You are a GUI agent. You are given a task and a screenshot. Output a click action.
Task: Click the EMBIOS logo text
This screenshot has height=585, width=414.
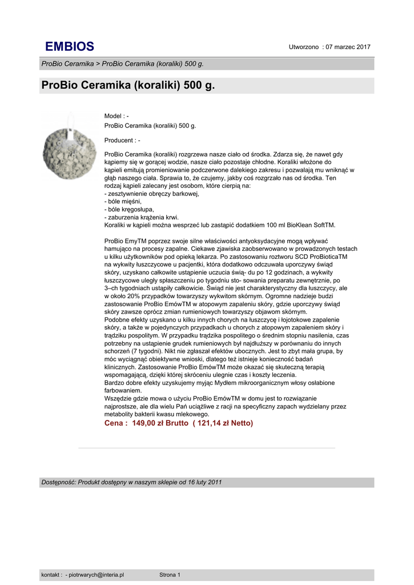[x=70, y=47]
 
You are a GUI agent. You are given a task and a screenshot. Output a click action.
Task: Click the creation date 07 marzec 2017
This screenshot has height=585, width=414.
[x=348, y=47]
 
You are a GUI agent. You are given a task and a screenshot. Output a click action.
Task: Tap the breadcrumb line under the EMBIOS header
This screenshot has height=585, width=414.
[x=122, y=63]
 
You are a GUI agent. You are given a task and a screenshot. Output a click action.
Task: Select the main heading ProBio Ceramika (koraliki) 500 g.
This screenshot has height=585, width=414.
[x=128, y=86]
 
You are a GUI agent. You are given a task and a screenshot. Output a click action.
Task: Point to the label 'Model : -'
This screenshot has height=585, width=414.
[x=116, y=116]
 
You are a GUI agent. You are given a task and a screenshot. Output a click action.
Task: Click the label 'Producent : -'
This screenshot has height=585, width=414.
[x=122, y=140]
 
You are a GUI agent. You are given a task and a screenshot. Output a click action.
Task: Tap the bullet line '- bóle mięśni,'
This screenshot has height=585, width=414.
[x=123, y=202]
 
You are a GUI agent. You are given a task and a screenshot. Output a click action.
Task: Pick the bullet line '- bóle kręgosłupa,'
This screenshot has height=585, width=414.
[x=129, y=209]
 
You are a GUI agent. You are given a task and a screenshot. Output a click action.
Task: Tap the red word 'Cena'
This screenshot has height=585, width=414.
[x=115, y=423]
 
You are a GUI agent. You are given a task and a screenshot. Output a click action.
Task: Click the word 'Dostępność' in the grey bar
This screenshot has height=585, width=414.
[x=58, y=483]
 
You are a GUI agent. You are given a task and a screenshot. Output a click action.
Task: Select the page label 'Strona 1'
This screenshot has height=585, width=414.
[x=170, y=575]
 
